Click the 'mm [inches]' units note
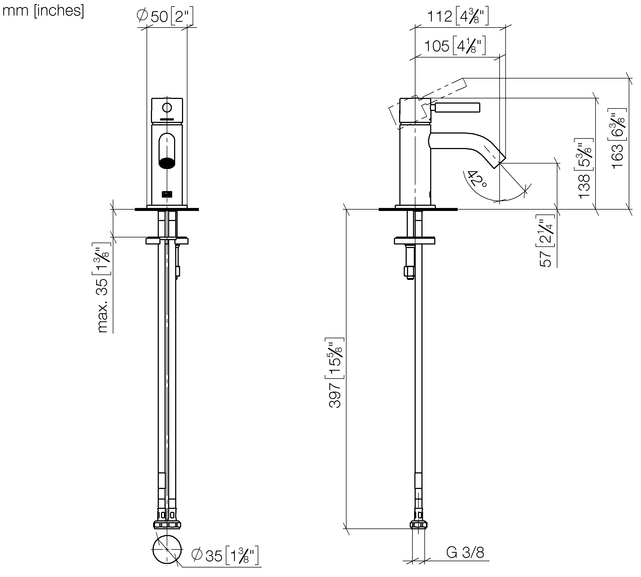(43, 11)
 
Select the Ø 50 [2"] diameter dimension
(165, 16)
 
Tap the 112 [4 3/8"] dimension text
(458, 16)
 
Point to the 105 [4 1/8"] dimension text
(455, 46)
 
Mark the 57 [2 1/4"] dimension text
(546, 241)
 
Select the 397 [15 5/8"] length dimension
(335, 373)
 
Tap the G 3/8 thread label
(465, 552)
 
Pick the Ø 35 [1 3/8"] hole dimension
(225, 555)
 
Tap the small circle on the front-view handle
(167, 108)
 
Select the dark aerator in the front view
(167, 163)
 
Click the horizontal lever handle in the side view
(457, 107)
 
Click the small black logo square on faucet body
(167, 194)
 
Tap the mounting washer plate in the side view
(414, 241)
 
